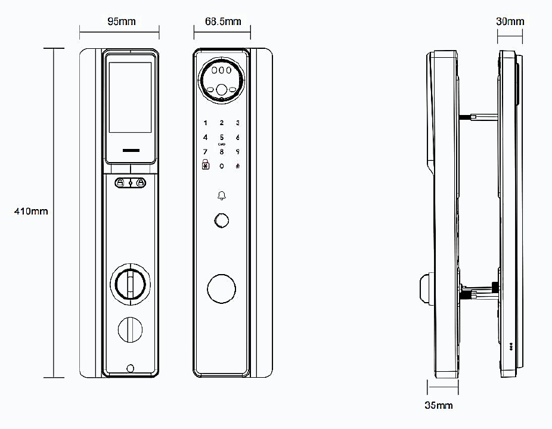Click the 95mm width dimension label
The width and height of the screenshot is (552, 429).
[x=122, y=21]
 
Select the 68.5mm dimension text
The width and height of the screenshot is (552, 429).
[x=223, y=21]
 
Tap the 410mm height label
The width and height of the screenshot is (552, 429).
[x=31, y=211]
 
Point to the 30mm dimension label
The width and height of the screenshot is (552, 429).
[x=510, y=21]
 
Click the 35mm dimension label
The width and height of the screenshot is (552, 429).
[x=439, y=405]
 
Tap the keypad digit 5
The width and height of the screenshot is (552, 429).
[x=221, y=137]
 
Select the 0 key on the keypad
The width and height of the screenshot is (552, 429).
[x=221, y=166]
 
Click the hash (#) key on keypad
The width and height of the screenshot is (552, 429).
[x=238, y=166]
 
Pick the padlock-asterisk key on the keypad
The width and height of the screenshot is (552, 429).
[x=205, y=164]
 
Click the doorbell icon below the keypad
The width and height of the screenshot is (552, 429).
[x=221, y=195]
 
